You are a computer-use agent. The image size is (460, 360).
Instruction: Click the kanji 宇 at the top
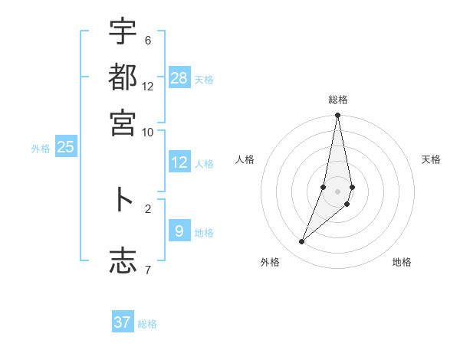click(123, 32)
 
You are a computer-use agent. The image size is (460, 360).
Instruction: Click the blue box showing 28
click(179, 77)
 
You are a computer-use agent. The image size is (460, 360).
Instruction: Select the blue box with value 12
click(179, 162)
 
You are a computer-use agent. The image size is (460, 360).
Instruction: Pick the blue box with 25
click(65, 147)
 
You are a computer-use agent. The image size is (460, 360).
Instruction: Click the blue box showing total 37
click(123, 322)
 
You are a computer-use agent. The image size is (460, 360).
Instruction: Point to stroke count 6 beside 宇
click(148, 41)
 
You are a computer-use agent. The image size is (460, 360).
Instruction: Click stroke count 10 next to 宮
click(148, 131)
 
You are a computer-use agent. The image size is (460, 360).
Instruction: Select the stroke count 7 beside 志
click(148, 269)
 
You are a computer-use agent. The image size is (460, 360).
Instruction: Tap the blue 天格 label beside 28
click(204, 80)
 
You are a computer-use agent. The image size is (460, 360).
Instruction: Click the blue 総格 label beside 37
click(147, 325)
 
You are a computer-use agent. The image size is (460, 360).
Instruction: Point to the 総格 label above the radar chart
click(337, 100)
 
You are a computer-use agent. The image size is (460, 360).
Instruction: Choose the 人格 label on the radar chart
click(245, 159)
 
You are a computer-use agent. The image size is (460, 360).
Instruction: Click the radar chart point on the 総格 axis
click(337, 116)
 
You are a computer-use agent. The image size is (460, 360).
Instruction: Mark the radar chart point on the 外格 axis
click(301, 242)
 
